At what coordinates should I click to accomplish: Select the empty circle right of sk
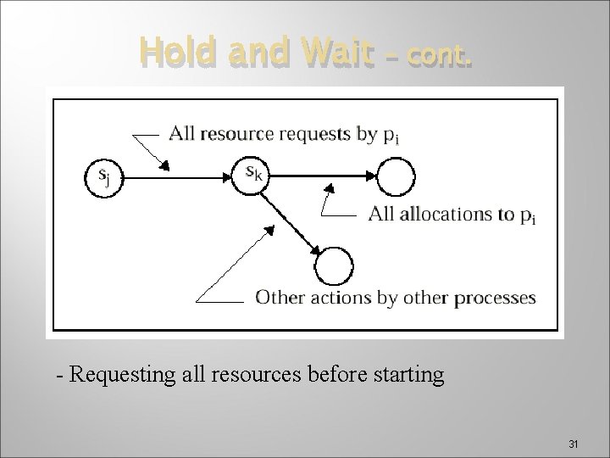coord(396,177)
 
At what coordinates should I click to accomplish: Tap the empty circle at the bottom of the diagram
coord(333,265)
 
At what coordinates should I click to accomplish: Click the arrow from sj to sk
coord(178,177)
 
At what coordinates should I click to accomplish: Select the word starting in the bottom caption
coord(410,374)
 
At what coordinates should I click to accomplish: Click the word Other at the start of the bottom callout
coord(275,298)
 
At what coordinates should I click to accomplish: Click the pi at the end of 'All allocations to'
coord(527,215)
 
